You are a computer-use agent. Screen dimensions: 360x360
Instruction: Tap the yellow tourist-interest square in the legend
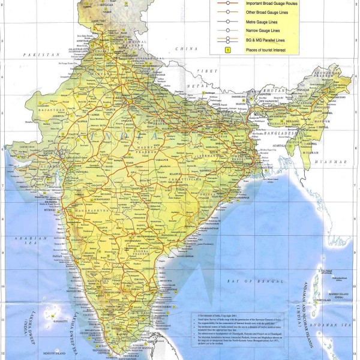coord(227,49)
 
